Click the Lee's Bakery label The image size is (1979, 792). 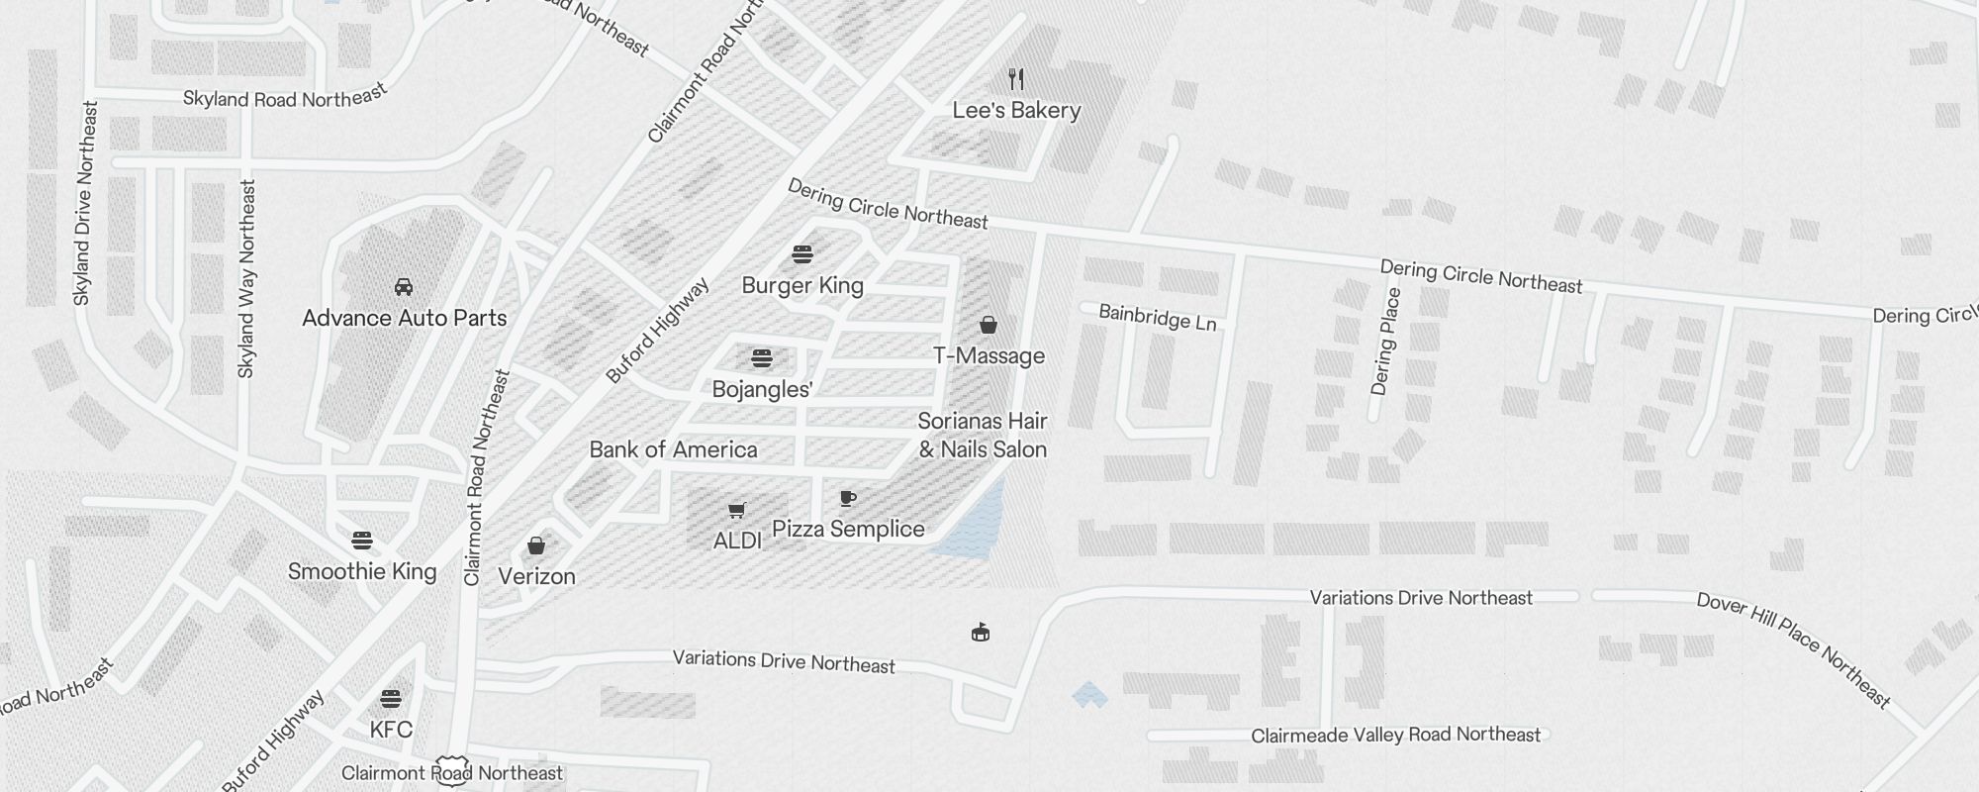click(1016, 110)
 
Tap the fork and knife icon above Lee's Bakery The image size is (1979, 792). click(1016, 79)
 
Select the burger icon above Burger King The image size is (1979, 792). click(802, 254)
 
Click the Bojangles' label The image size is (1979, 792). click(762, 389)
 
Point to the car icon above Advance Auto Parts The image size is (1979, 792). click(404, 287)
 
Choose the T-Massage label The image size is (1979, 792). click(989, 355)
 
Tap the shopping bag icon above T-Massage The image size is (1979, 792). click(988, 325)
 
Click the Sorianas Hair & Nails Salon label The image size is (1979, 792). click(983, 436)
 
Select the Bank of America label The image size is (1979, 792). click(673, 449)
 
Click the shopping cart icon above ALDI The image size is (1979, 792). click(736, 511)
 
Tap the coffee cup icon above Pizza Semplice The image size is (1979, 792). click(848, 498)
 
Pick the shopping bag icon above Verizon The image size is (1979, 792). click(536, 545)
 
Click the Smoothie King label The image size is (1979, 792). click(362, 571)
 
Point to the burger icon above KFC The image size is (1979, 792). click(391, 699)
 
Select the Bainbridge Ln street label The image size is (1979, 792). click(1158, 318)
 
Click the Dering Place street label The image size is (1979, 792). click(1385, 342)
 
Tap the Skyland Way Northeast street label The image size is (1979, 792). click(246, 278)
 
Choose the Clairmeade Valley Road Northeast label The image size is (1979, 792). click(1395, 735)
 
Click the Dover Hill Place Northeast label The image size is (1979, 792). click(1793, 649)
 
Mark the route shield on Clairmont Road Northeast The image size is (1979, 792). click(451, 773)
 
